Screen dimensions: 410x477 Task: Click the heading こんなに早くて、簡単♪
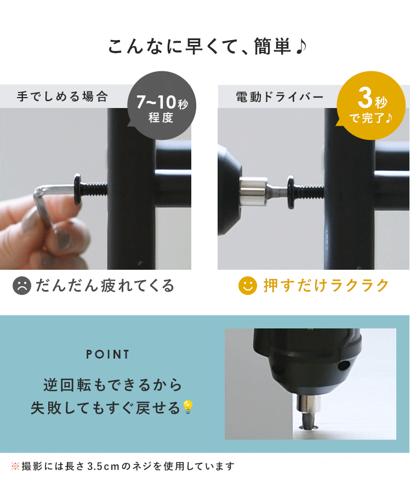tap(207, 46)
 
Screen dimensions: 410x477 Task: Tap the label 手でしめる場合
tap(62, 96)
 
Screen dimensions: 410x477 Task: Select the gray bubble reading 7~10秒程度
tap(162, 105)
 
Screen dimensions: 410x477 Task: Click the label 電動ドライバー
tap(280, 97)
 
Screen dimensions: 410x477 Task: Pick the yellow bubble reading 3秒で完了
tap(371, 105)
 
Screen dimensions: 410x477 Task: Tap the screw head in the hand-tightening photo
tap(77, 189)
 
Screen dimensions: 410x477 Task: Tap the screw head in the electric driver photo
tap(291, 192)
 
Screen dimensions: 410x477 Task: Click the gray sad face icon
tap(21, 286)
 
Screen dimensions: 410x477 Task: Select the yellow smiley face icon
tap(248, 286)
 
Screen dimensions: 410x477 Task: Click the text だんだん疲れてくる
tap(105, 286)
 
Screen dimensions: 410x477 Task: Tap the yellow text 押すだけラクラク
tap(326, 286)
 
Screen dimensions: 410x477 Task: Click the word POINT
tap(107, 354)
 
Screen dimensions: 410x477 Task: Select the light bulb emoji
tap(187, 407)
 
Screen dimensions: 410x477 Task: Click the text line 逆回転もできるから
tap(112, 385)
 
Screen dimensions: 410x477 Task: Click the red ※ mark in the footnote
tap(15, 465)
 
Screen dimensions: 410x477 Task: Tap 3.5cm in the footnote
tap(103, 466)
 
